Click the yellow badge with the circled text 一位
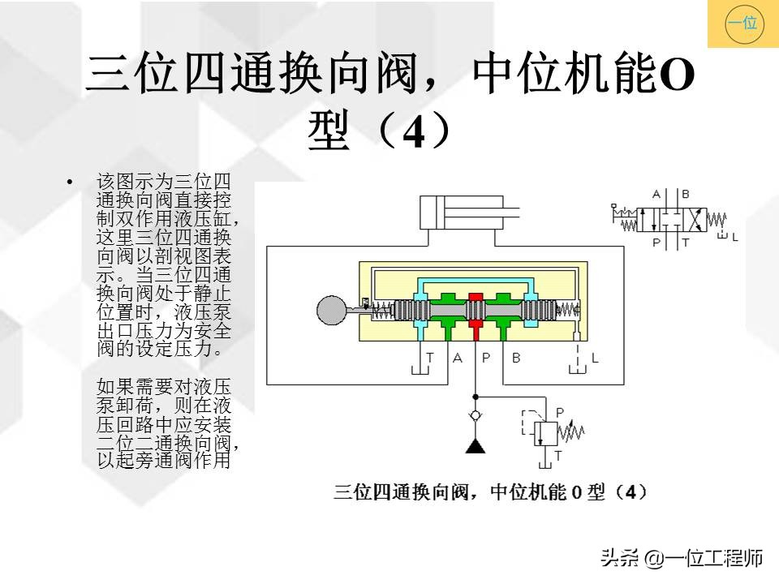tap(743, 24)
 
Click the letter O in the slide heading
tap(675, 75)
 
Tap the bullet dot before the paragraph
tap(70, 182)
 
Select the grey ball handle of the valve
tap(331, 310)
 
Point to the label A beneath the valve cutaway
tap(458, 358)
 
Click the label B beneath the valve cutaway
tap(516, 358)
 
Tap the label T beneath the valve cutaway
tap(430, 358)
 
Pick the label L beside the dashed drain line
tap(595, 358)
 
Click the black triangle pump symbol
tap(476, 446)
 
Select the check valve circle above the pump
tap(476, 415)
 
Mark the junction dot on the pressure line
tap(476, 397)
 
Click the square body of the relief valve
tap(546, 433)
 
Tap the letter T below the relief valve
tap(558, 455)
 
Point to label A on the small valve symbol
tap(656, 194)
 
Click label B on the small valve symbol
tap(686, 194)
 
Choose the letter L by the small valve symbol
tap(735, 238)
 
